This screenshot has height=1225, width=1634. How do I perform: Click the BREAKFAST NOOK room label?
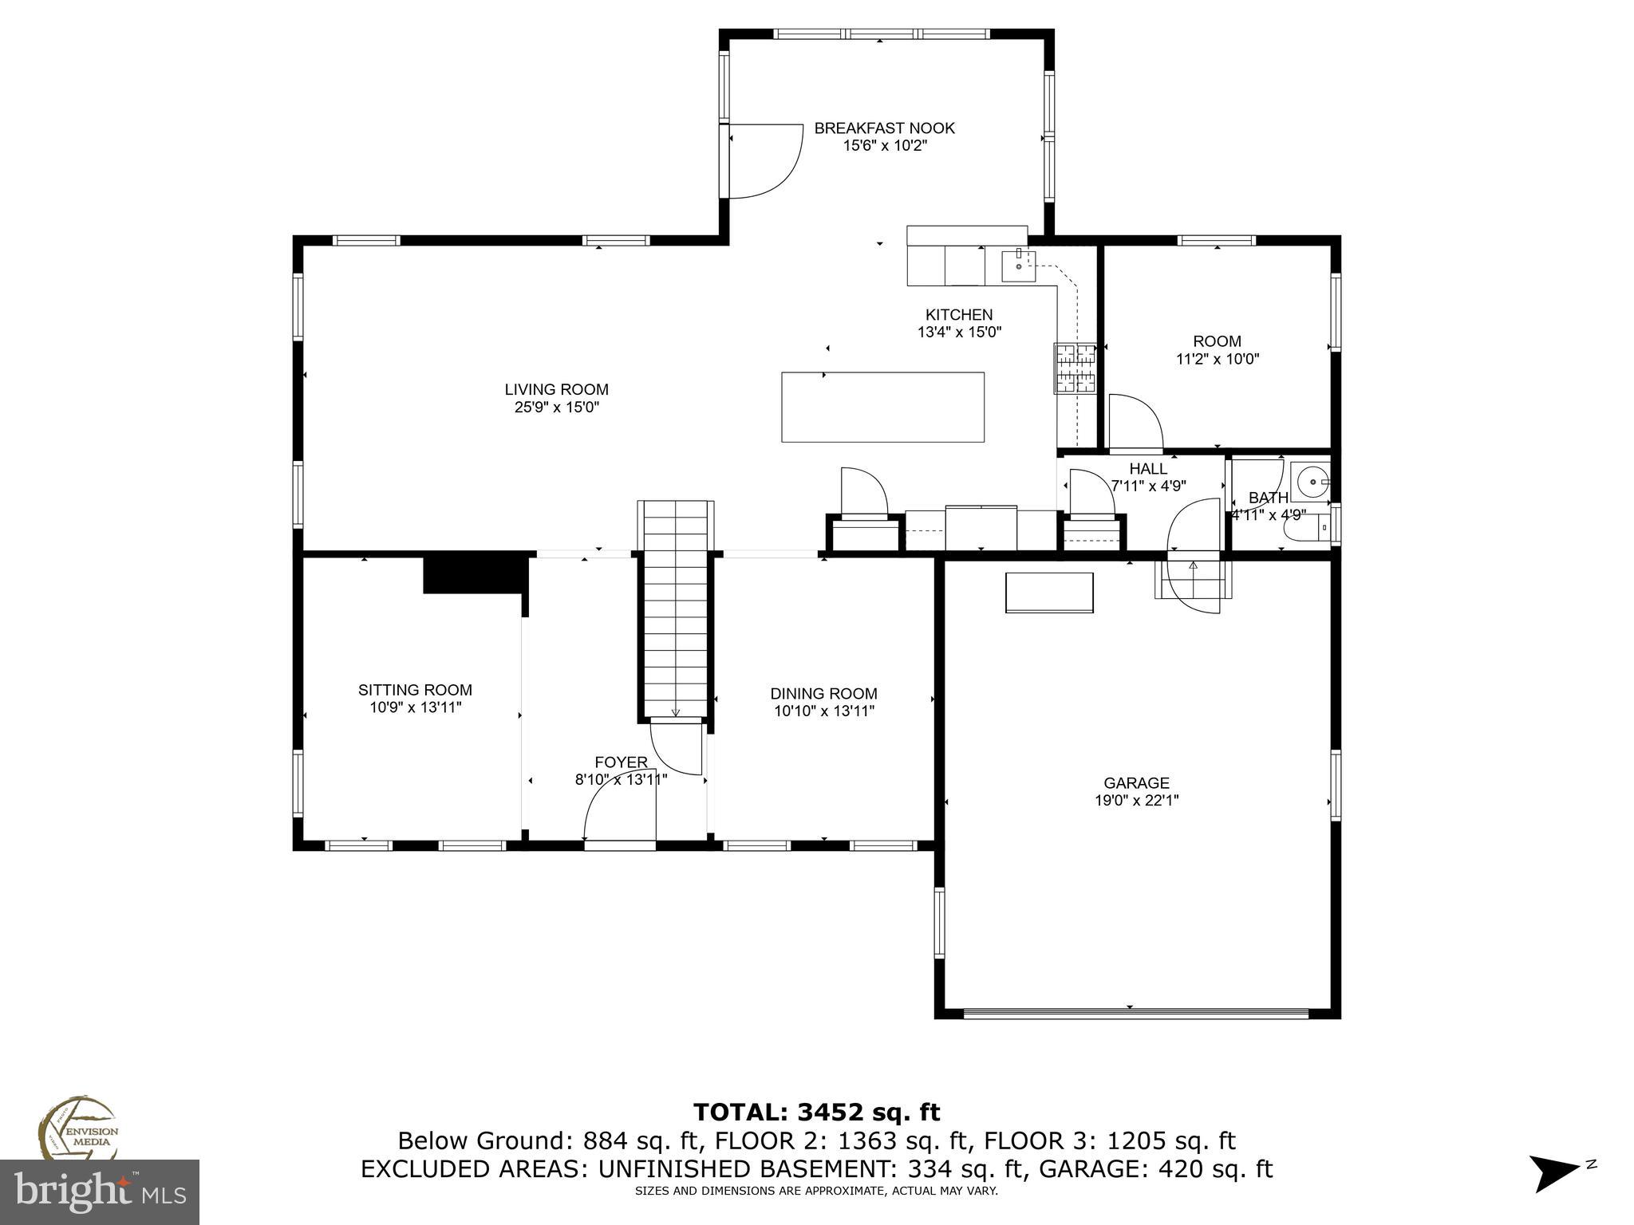pyautogui.click(x=884, y=128)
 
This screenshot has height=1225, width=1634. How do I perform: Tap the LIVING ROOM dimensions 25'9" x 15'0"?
pyautogui.click(x=556, y=408)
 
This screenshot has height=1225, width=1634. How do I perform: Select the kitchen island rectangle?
pyautogui.click(x=882, y=407)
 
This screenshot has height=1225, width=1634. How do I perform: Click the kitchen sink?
pyautogui.click(x=1019, y=266)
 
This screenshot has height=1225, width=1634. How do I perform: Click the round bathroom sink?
pyautogui.click(x=1309, y=482)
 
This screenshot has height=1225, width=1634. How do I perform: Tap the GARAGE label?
pyautogui.click(x=1136, y=783)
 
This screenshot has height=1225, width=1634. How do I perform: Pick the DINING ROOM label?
pyautogui.click(x=823, y=694)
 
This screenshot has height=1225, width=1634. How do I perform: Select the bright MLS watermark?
pyautogui.click(x=99, y=1192)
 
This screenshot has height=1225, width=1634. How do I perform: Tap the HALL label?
pyautogui.click(x=1148, y=469)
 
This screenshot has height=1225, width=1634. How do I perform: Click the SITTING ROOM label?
pyautogui.click(x=415, y=691)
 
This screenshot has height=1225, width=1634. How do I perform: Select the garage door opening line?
pyautogui.click(x=1136, y=1014)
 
